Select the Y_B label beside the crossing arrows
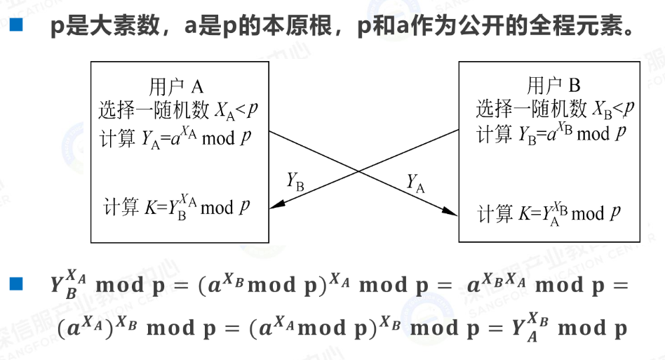(295, 180)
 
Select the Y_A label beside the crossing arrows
(416, 183)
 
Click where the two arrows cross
(360, 171)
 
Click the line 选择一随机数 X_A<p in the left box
(178, 109)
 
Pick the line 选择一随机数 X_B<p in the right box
(555, 109)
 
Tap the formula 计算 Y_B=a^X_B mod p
(553, 133)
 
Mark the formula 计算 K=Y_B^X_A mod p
(177, 206)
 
